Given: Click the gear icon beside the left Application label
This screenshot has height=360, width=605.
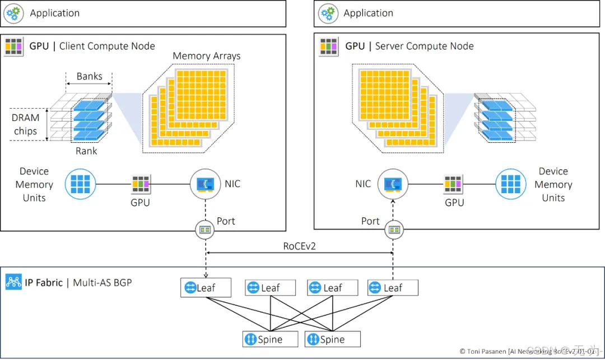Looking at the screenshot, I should tap(13, 13).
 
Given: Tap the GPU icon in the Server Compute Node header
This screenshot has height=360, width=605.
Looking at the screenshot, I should tap(328, 46).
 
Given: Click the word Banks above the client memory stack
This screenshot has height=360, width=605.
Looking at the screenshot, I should tap(90, 76).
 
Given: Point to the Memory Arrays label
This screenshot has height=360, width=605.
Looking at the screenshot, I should tap(207, 56).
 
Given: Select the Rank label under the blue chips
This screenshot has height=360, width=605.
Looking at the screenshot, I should tap(86, 151).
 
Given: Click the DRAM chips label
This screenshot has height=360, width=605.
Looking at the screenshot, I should tap(26, 124).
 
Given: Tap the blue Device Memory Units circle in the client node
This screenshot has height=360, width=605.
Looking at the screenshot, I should tap(79, 184).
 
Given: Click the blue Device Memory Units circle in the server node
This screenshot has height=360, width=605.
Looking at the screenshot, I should tap(510, 184).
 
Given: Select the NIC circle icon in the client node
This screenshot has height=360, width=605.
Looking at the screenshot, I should tap(204, 184).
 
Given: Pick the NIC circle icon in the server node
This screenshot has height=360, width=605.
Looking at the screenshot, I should tap(392, 184).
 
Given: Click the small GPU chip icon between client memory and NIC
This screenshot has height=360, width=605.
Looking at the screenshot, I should tap(141, 184).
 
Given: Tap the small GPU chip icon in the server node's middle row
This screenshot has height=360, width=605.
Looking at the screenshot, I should tap(454, 184).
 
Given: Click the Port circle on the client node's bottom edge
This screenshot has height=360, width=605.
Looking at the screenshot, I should tap(204, 229).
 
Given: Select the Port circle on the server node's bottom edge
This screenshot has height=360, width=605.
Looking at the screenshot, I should tap(394, 229).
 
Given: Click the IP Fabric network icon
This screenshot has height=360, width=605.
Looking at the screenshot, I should tap(13, 282).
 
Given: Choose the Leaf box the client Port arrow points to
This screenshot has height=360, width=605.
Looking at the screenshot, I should tap(206, 288).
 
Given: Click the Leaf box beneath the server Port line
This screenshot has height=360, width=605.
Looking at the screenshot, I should tap(393, 288).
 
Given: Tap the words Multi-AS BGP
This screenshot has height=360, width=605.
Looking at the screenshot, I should tap(103, 282).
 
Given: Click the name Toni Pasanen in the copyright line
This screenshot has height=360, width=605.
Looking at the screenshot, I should tap(487, 351).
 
